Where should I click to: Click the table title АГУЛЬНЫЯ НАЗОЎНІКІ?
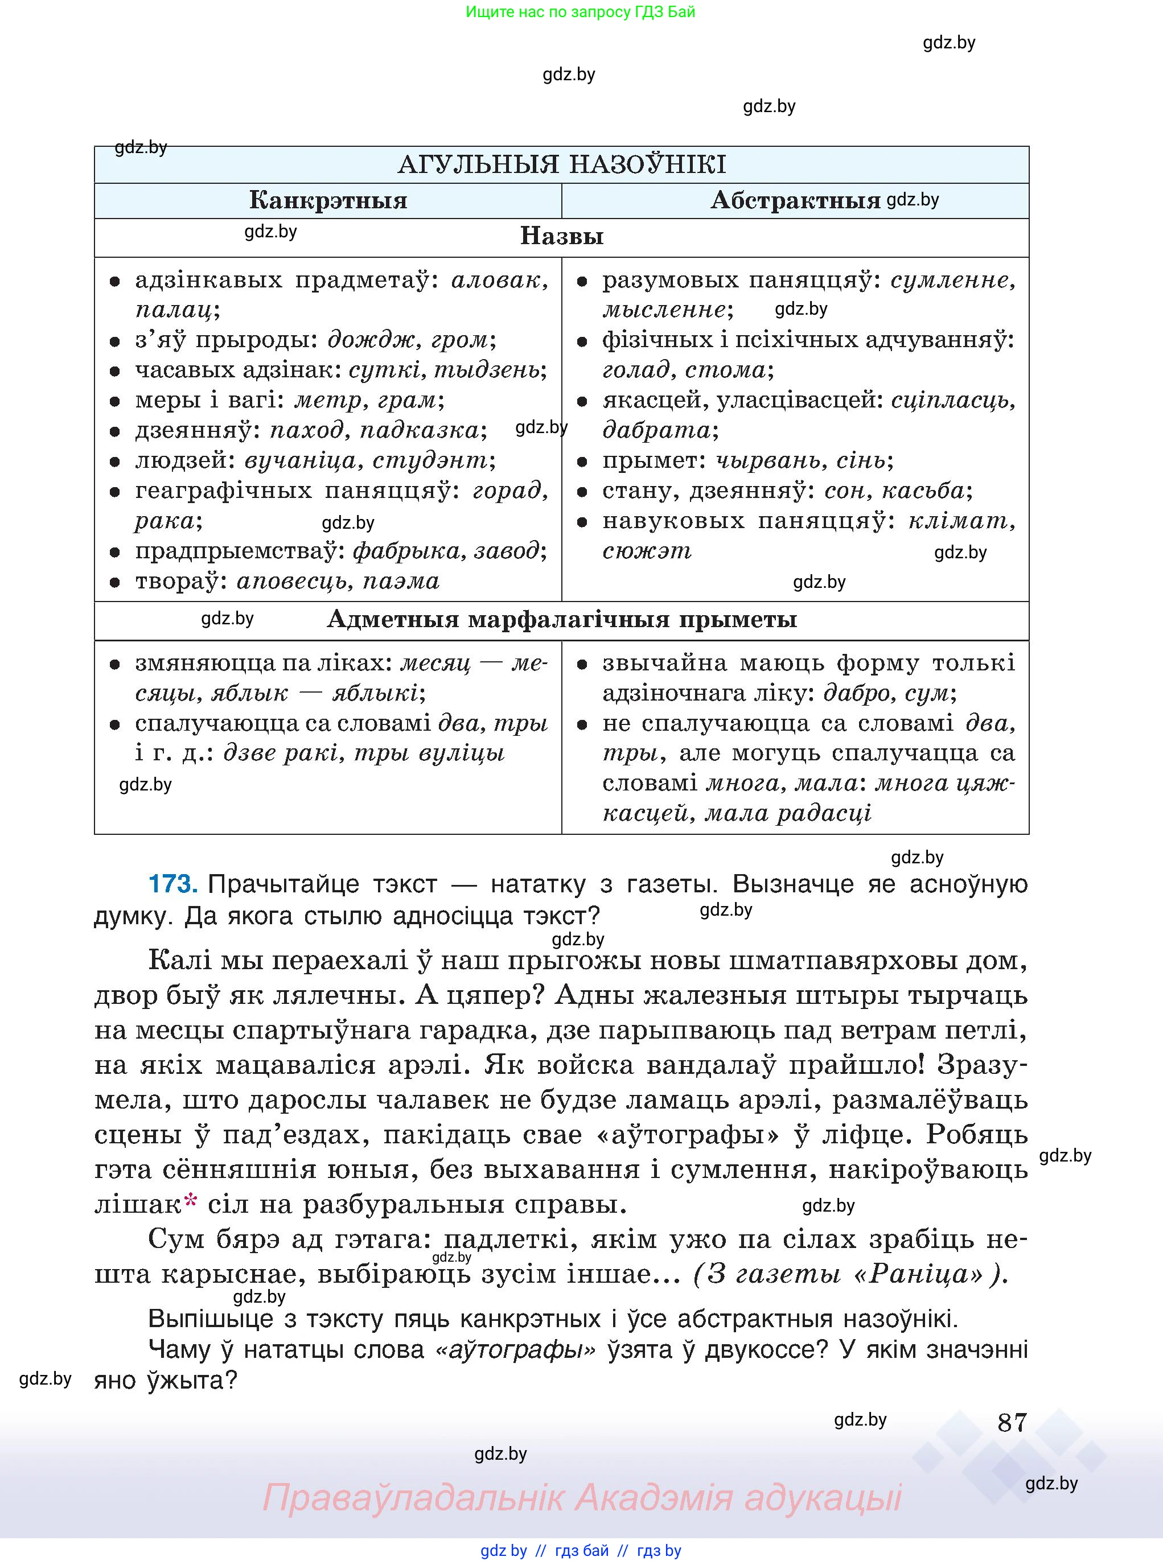pos(561,164)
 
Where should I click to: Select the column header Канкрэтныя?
pos(328,200)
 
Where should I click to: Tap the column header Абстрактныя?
pos(795,200)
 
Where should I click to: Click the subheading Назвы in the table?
pos(561,236)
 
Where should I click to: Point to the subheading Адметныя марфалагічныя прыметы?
pos(561,619)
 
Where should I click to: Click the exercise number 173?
pos(172,884)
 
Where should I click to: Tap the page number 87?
pos(1012,1423)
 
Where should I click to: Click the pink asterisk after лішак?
pos(190,1201)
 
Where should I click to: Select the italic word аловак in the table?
pos(497,280)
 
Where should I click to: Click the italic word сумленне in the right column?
pos(951,280)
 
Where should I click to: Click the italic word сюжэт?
pos(646,550)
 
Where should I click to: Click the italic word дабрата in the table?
pos(656,430)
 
